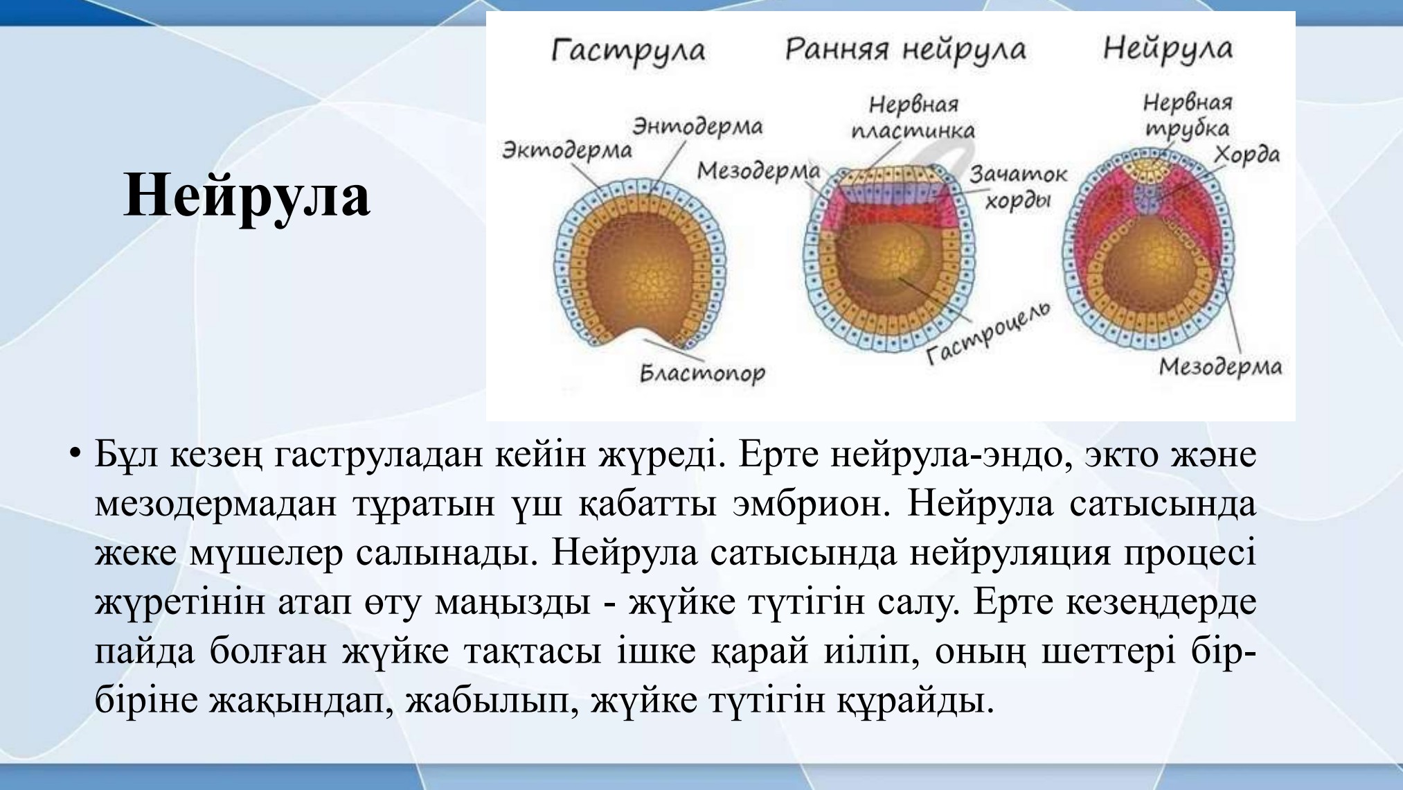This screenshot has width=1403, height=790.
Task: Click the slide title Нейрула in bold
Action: coord(247,195)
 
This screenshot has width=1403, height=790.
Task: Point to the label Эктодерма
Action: coord(566,150)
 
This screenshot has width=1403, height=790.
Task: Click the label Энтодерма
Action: coord(697,126)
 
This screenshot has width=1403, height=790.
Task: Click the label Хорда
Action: coord(1246,155)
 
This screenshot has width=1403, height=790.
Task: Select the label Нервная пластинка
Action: coord(913,117)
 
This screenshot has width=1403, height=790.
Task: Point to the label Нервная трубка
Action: coord(1188,115)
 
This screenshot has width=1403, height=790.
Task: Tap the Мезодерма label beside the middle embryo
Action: coord(758,170)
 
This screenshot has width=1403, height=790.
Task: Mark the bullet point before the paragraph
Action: coord(75,455)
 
